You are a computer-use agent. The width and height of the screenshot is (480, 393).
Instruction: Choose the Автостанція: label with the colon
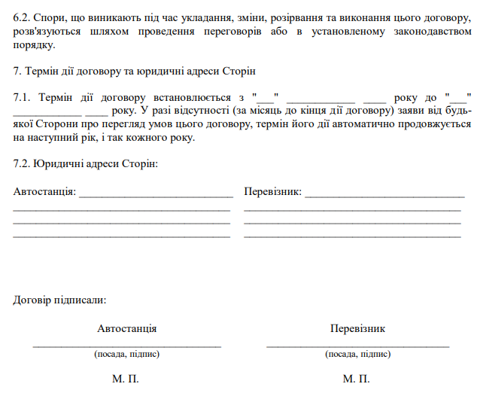tap(45, 192)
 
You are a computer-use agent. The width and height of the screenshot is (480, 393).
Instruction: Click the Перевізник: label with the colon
tap(272, 192)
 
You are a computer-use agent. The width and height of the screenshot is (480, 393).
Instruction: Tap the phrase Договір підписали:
tap(59, 300)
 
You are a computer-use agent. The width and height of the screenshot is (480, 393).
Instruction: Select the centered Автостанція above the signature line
tap(126, 329)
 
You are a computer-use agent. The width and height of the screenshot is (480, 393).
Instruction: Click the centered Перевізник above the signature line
tap(357, 329)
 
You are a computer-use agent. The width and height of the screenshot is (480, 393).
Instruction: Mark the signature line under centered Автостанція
tap(126, 345)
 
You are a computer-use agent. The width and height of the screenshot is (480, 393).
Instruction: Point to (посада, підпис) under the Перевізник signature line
tap(357, 354)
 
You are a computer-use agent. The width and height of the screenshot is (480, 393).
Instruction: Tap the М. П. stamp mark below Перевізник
tap(357, 379)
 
